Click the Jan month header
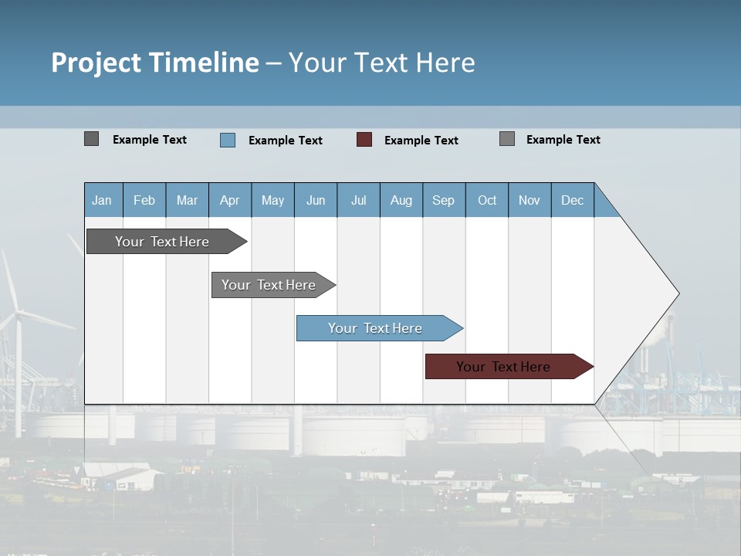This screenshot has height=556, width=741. click(103, 200)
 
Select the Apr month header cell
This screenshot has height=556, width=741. click(230, 200)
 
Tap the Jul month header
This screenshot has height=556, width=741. click(358, 200)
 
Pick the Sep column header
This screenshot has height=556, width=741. click(443, 200)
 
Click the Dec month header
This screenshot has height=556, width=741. click(572, 200)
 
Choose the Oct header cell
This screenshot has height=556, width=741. click(487, 200)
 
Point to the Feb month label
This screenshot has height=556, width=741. click(144, 200)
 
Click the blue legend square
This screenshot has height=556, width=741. click(228, 140)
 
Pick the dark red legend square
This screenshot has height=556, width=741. click(364, 140)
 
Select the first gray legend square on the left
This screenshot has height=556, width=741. click(91, 139)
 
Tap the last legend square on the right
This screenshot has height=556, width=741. click(507, 139)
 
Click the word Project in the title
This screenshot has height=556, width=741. click(96, 63)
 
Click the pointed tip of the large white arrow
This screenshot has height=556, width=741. click(678, 293)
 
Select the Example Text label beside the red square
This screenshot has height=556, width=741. click(421, 141)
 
